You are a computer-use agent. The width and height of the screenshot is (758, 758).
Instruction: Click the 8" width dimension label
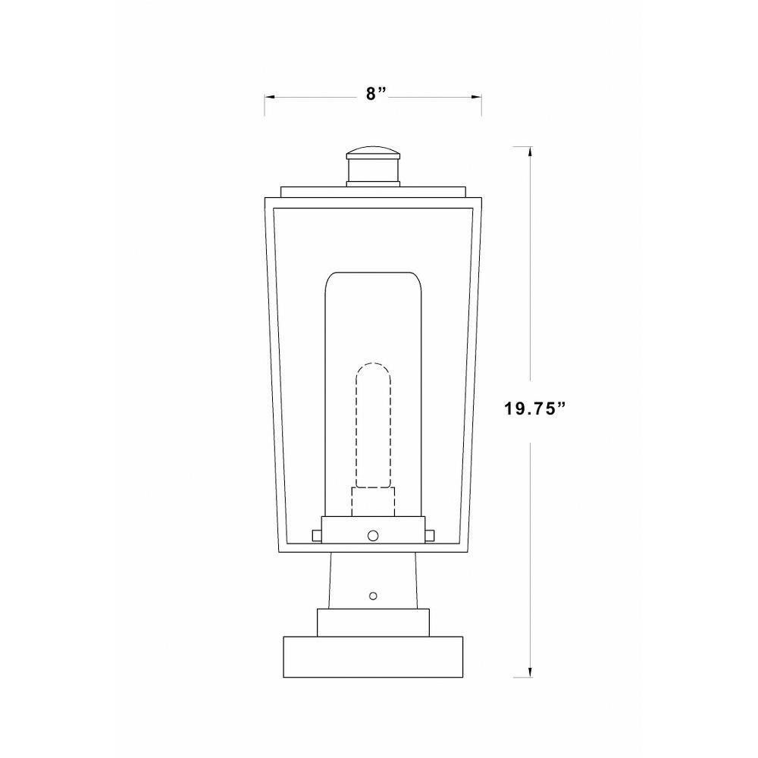click(376, 93)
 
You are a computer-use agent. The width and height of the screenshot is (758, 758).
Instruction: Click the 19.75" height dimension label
click(535, 409)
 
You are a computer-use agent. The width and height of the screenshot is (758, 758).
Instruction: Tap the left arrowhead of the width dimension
click(269, 98)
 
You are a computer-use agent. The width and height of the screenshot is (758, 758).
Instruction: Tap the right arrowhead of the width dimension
click(476, 98)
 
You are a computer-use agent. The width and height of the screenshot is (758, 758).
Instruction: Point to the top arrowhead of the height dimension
click(531, 152)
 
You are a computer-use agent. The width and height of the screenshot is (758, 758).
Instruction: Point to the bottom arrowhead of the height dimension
click(531, 672)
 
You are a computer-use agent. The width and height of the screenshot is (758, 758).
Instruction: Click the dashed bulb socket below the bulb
click(373, 502)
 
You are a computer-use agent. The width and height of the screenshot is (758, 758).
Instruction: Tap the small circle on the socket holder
click(373, 535)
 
